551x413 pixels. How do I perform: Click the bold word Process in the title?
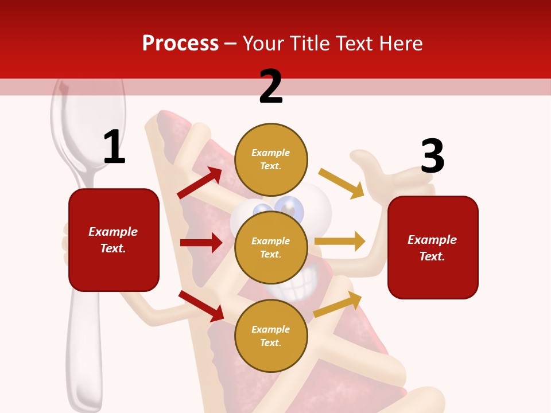180,44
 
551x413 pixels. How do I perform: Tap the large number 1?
114,147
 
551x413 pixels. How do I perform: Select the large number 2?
271,87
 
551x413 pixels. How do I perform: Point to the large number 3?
432,157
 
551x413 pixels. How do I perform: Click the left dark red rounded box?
114,240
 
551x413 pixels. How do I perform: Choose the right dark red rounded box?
433,247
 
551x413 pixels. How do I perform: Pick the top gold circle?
271,159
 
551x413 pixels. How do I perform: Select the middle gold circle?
271,248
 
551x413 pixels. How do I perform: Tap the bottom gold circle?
271,336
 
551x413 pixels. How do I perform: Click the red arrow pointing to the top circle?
200,183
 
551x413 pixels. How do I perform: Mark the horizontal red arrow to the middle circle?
201,243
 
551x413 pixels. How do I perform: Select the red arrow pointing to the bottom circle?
201,306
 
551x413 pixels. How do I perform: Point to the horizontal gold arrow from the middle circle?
340,241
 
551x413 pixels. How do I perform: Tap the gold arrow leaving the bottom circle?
337,305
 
